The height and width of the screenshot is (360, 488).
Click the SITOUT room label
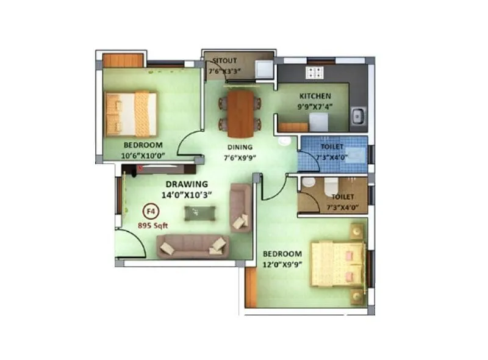(224, 61)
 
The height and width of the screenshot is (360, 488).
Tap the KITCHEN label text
(315, 96)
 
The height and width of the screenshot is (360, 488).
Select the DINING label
(240, 148)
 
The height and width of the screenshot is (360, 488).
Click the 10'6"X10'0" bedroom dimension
(143, 155)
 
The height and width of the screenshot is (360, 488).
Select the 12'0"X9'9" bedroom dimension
(282, 264)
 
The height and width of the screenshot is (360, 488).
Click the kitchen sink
(358, 114)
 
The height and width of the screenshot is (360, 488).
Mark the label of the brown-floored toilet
(341, 197)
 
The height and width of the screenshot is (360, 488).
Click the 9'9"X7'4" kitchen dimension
(315, 107)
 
